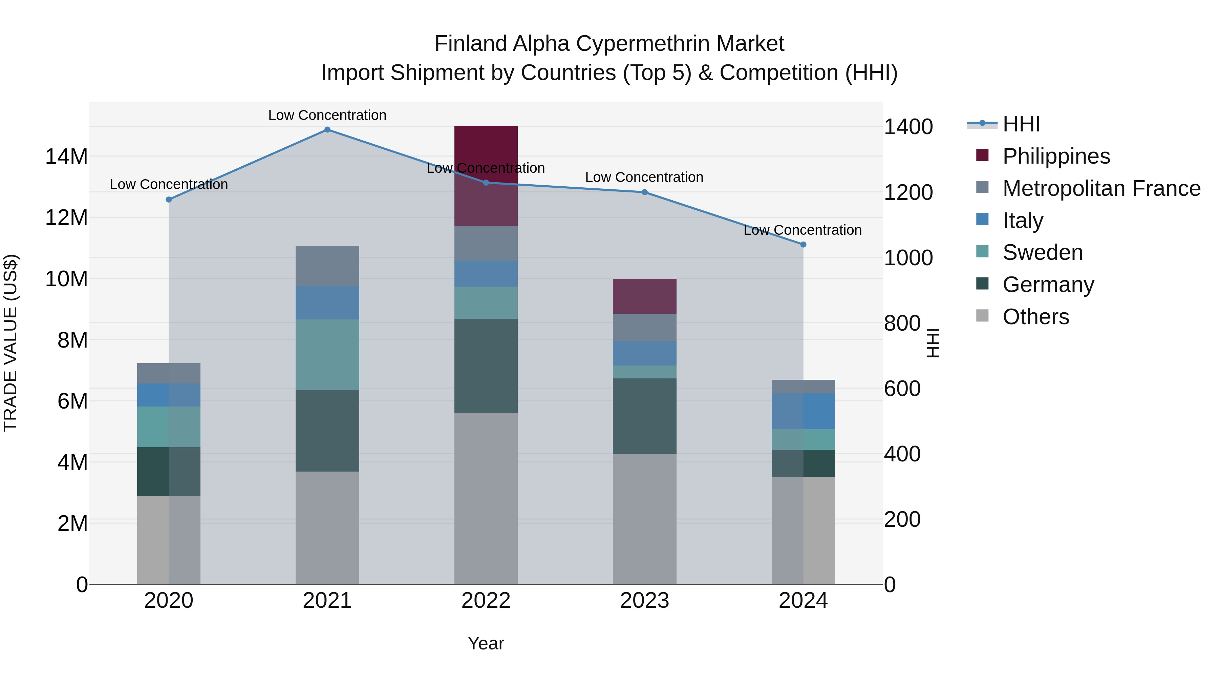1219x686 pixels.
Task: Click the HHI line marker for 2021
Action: pos(327,130)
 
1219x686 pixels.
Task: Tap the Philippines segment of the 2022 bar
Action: pos(486,175)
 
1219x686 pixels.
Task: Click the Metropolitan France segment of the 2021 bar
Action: pos(327,266)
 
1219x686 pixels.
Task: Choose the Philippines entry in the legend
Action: pos(1056,156)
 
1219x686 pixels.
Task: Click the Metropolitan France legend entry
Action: pos(1101,188)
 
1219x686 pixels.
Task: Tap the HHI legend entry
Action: pos(1021,124)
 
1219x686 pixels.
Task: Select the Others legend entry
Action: pos(1035,317)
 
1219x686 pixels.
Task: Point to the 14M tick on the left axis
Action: pos(66,156)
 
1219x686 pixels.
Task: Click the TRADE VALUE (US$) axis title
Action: pos(10,343)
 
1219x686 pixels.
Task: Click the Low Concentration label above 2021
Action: pos(327,116)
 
